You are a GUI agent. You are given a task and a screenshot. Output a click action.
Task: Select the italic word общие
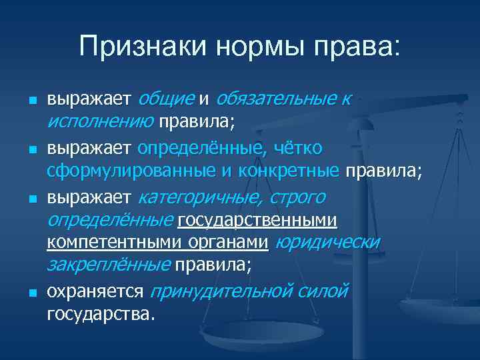point(165,100)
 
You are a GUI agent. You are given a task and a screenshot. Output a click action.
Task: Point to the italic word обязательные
point(275,100)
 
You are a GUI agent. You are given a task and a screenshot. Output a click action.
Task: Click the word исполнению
point(100,121)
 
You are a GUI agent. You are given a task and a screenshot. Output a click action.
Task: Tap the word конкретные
point(291,171)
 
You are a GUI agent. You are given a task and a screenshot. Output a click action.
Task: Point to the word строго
point(299,197)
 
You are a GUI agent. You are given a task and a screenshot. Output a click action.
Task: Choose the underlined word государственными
point(257,221)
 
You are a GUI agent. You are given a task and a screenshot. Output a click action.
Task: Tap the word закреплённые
point(108,265)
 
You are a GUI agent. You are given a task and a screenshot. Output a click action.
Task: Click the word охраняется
point(95,292)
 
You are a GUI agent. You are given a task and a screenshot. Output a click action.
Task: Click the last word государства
point(101,314)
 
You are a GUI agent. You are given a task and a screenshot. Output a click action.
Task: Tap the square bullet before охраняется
point(32,293)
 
